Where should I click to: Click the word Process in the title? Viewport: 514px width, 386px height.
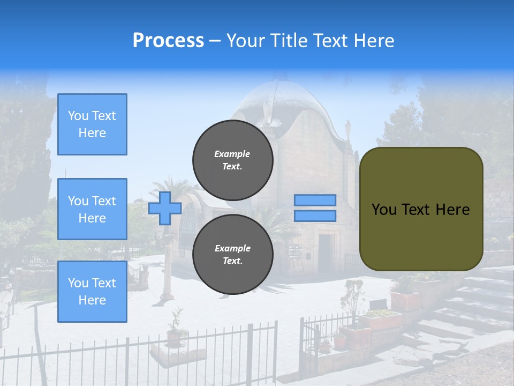pyautogui.click(x=168, y=41)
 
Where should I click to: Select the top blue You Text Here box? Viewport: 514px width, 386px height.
pyautogui.click(x=92, y=124)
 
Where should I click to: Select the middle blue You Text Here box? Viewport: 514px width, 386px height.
pyautogui.click(x=92, y=209)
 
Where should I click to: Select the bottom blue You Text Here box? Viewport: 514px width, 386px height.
pyautogui.click(x=92, y=292)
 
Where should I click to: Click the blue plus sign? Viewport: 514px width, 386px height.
pyautogui.click(x=165, y=208)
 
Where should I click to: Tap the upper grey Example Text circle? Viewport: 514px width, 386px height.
pyautogui.click(x=232, y=160)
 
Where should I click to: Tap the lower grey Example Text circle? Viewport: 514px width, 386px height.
pyautogui.click(x=232, y=255)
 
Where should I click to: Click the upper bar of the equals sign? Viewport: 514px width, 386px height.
pyautogui.click(x=315, y=200)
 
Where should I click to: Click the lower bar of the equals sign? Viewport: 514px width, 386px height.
pyautogui.click(x=315, y=216)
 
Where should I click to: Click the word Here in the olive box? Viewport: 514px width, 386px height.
pyautogui.click(x=452, y=210)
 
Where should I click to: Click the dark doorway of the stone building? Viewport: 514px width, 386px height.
pyautogui.click(x=325, y=252)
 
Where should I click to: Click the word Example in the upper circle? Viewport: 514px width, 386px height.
pyautogui.click(x=232, y=154)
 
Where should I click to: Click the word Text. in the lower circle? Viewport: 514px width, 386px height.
pyautogui.click(x=232, y=261)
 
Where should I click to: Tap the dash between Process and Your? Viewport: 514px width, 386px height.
pyautogui.click(x=215, y=41)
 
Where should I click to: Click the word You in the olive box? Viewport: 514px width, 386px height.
pyautogui.click(x=384, y=210)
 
